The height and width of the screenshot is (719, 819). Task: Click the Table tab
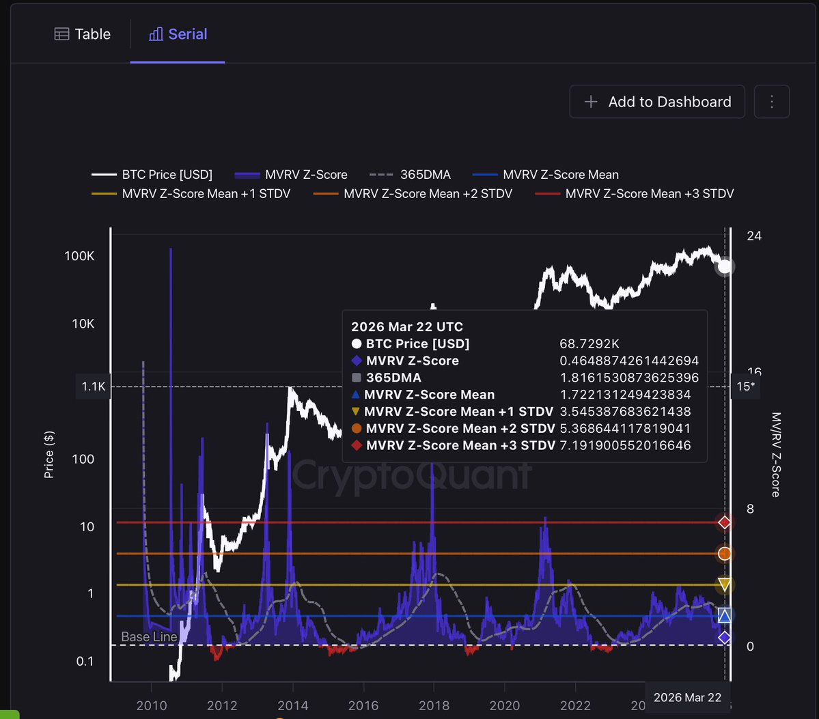pos(83,34)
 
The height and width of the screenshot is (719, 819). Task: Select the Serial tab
pos(178,34)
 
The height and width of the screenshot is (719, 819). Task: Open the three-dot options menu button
pos(772,102)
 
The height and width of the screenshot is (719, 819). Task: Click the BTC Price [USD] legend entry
pos(152,175)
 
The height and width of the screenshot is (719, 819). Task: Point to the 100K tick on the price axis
pos(80,256)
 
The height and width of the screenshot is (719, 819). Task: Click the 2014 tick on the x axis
pos(292,705)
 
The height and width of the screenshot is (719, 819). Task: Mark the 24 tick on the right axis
pos(755,236)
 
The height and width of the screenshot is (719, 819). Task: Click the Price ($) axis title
pos(49,454)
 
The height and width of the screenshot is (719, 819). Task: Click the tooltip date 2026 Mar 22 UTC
pos(407,327)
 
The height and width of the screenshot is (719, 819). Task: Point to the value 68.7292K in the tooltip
pos(589,344)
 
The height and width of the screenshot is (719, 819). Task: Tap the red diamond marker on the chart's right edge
pos(725,522)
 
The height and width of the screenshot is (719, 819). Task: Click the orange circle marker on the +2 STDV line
pos(725,553)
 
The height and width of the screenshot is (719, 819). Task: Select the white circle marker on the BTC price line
pos(725,266)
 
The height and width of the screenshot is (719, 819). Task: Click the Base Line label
pos(149,636)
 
